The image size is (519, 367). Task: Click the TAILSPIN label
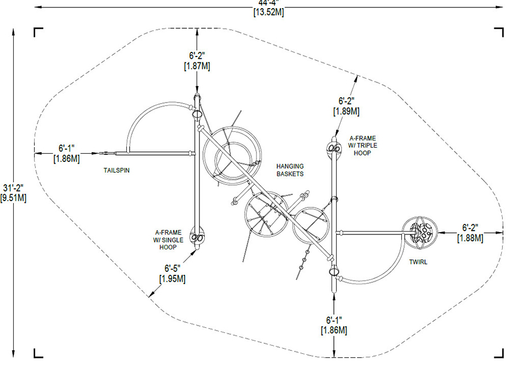(x=116, y=171)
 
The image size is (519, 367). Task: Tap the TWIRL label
(x=418, y=262)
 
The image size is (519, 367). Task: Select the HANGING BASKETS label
(x=290, y=170)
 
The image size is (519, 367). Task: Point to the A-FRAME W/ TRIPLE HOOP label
(x=363, y=146)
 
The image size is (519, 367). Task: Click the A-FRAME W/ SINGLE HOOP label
(x=168, y=240)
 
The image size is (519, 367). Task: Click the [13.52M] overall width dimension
(x=269, y=12)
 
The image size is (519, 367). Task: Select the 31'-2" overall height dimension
(x=13, y=188)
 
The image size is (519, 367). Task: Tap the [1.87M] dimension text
(x=197, y=66)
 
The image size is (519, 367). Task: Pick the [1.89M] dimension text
(x=346, y=111)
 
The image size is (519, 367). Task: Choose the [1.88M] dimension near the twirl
(x=470, y=238)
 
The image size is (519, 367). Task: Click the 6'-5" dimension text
(x=172, y=268)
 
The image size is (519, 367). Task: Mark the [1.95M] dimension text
(x=172, y=279)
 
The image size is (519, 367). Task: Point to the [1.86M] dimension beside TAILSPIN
(x=66, y=158)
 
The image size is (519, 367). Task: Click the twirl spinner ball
(x=420, y=232)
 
